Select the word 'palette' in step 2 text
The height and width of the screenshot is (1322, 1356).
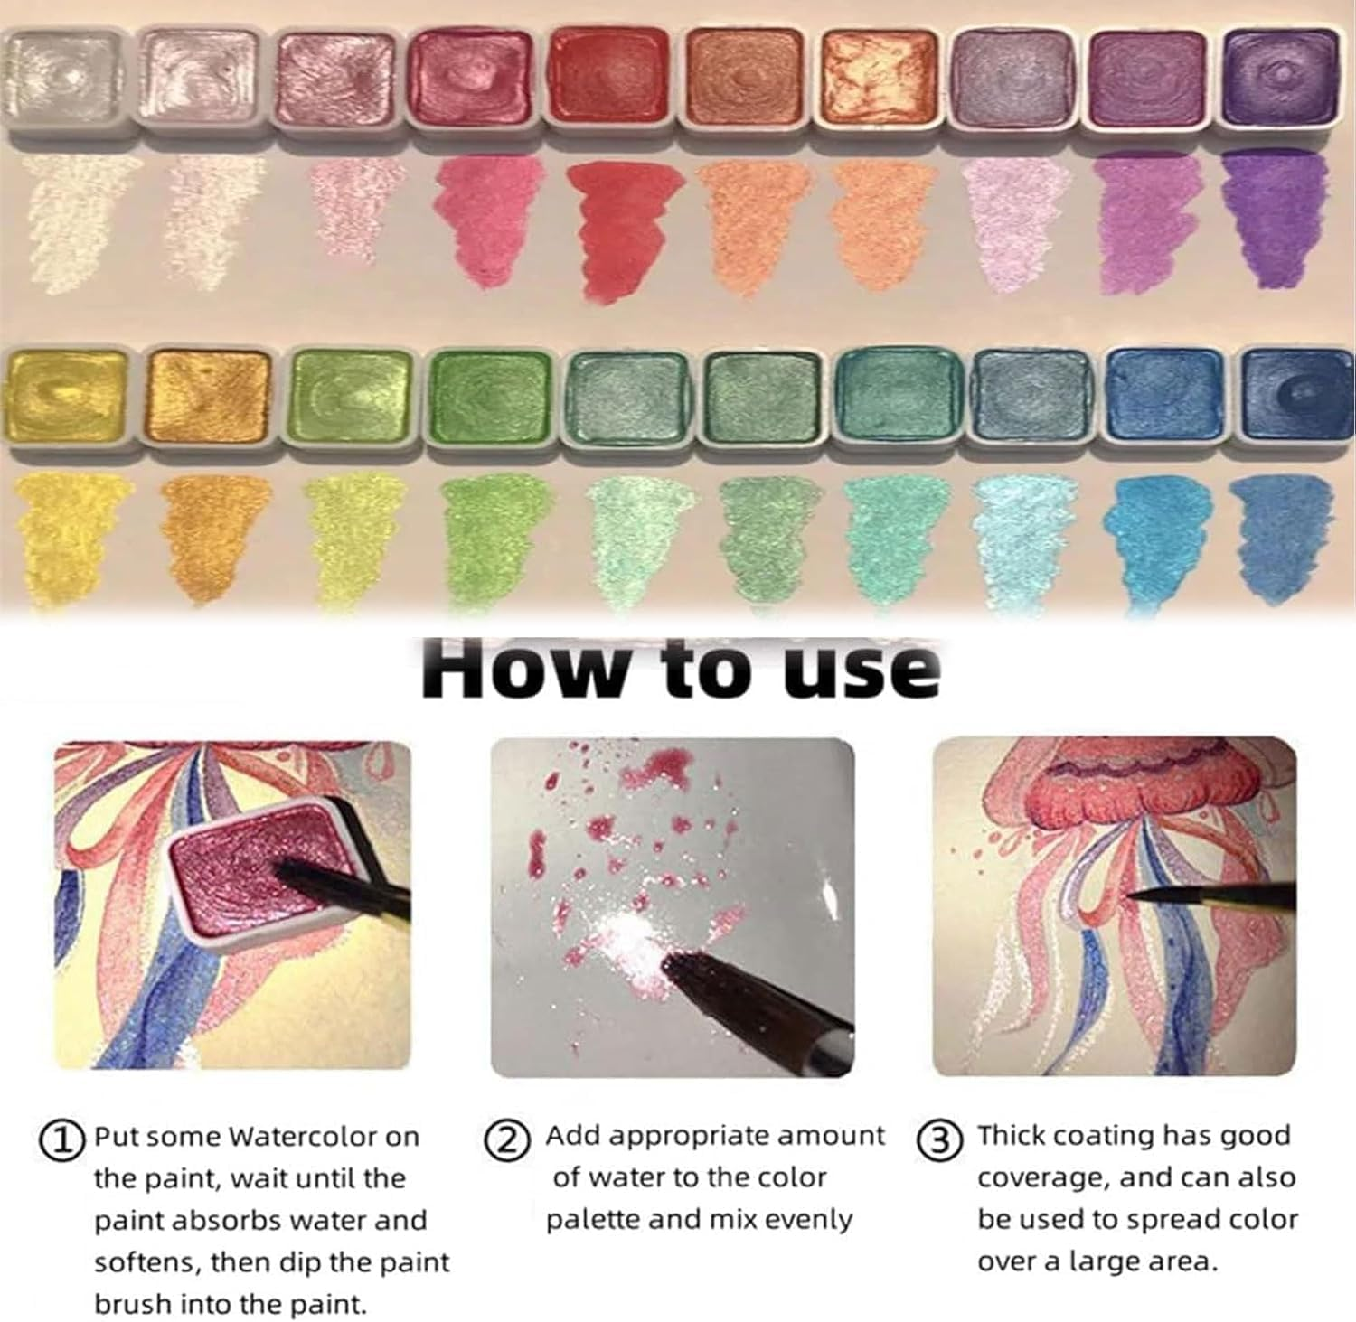click(x=593, y=1220)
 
